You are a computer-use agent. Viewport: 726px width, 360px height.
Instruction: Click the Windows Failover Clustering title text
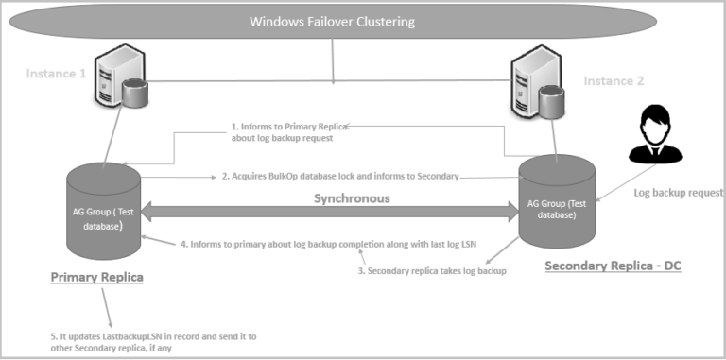tap(332, 22)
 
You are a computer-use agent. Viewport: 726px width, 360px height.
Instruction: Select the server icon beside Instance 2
tap(536, 91)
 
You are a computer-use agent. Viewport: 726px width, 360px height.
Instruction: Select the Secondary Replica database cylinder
tap(557, 199)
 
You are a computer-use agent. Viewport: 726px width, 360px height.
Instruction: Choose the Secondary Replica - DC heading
tap(613, 266)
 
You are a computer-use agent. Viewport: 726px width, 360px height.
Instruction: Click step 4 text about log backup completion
tap(330, 244)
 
